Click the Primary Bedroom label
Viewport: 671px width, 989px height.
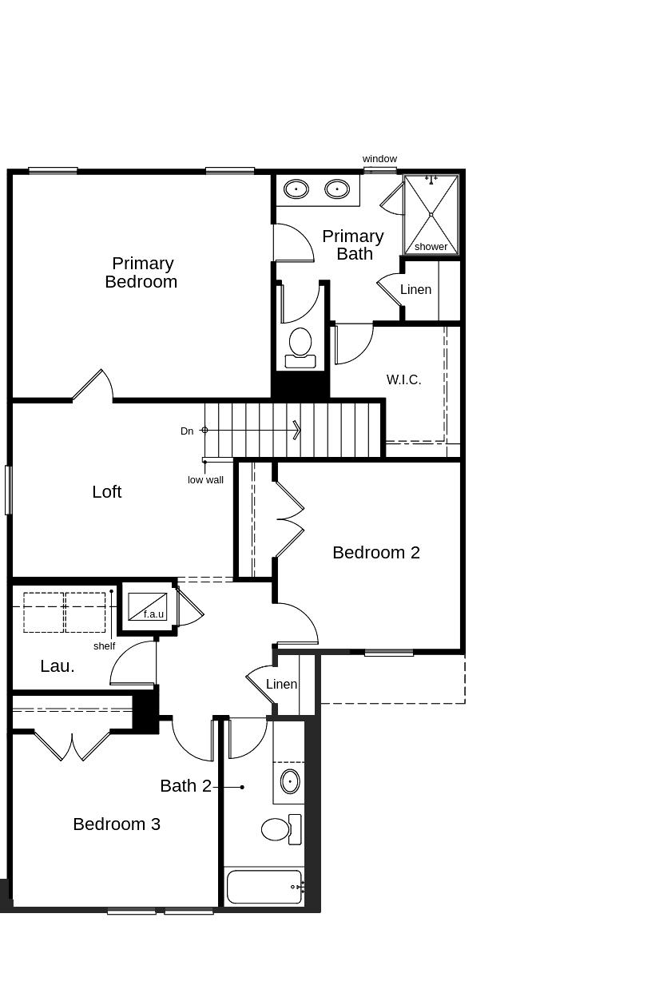[141, 272]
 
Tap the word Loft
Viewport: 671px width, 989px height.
[107, 492]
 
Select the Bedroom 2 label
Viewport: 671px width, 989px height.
[376, 553]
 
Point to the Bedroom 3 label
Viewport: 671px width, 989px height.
[117, 824]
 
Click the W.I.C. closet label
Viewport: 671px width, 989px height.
[403, 380]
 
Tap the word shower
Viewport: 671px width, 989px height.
[431, 247]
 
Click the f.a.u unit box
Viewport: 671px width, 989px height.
[148, 606]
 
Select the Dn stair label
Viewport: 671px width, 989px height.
[187, 431]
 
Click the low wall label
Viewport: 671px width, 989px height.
[205, 480]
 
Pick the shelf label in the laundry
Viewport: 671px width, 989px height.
[104, 646]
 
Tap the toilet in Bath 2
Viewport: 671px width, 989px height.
[276, 829]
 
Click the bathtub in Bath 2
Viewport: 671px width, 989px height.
[264, 887]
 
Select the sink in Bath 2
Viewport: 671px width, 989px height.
[290, 781]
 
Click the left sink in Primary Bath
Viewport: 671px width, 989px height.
[296, 189]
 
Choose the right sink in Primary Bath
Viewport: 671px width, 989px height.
[337, 189]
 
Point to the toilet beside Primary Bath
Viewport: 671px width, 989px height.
[300, 343]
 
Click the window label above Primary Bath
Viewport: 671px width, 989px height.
[379, 159]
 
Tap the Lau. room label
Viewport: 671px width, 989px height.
[58, 666]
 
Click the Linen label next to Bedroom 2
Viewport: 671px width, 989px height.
[281, 685]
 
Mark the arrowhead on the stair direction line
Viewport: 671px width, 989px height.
[297, 431]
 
